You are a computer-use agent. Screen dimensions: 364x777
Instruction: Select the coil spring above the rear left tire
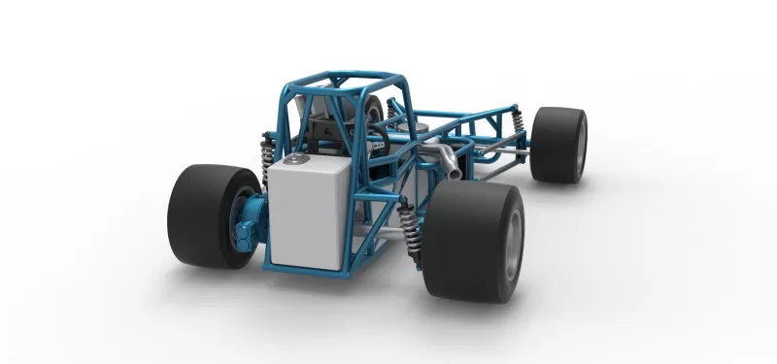pyautogui.click(x=266, y=155)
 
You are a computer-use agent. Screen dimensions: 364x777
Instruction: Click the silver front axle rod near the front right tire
pyautogui.click(x=505, y=152)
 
